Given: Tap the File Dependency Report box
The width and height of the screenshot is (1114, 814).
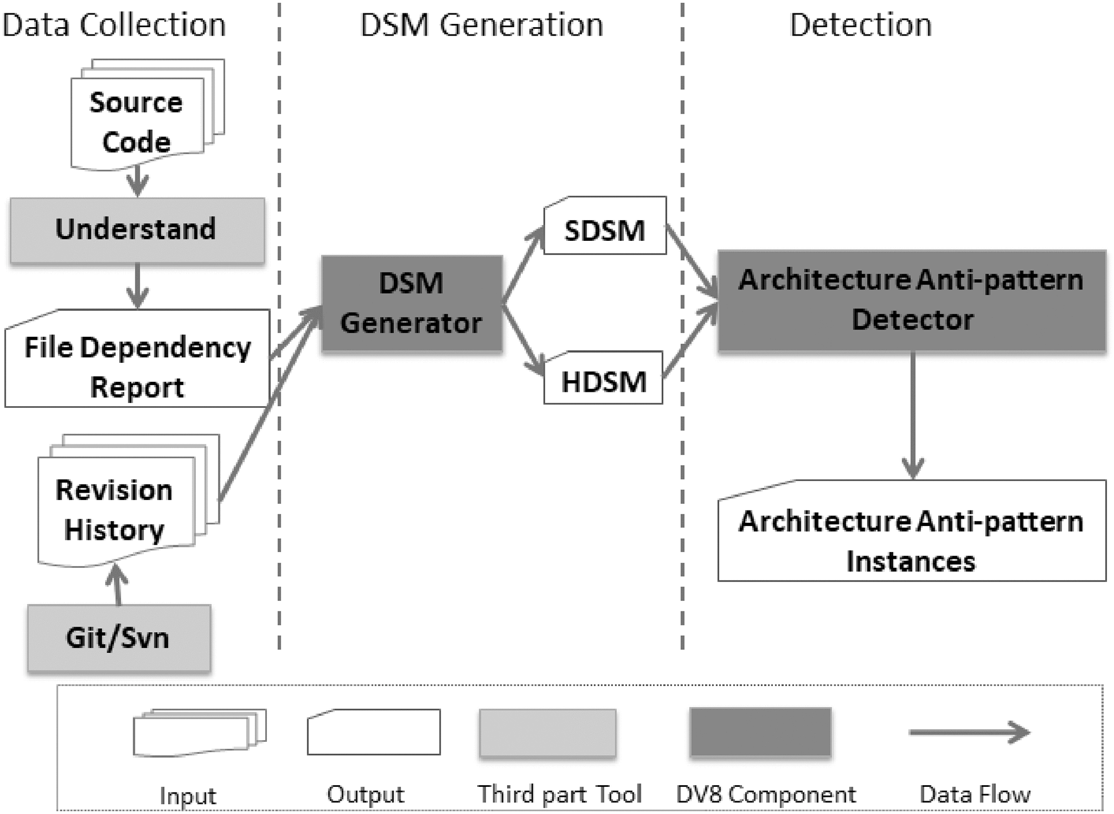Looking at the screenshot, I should [x=137, y=366].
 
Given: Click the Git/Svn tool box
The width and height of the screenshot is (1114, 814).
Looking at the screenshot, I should [x=119, y=638].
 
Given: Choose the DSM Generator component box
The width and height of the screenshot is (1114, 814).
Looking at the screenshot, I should [x=412, y=304].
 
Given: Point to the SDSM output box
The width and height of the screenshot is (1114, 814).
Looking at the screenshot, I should [x=605, y=230].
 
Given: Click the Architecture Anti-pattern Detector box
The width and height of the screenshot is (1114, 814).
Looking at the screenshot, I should [x=912, y=300].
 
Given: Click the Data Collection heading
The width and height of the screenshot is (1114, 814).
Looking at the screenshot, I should [x=114, y=25].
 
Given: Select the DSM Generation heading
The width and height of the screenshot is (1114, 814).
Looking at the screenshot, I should [x=482, y=25].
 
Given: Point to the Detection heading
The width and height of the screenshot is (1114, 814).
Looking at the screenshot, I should [x=860, y=25].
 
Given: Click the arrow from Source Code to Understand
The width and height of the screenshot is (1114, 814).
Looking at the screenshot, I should [x=137, y=181].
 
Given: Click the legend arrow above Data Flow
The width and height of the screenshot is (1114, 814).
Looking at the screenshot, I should [x=969, y=732].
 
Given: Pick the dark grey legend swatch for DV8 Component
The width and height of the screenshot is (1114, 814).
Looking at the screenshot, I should [x=760, y=732].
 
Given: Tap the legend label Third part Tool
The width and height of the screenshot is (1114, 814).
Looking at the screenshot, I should [x=559, y=794].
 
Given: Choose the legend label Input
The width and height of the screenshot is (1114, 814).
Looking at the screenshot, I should [x=188, y=796].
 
